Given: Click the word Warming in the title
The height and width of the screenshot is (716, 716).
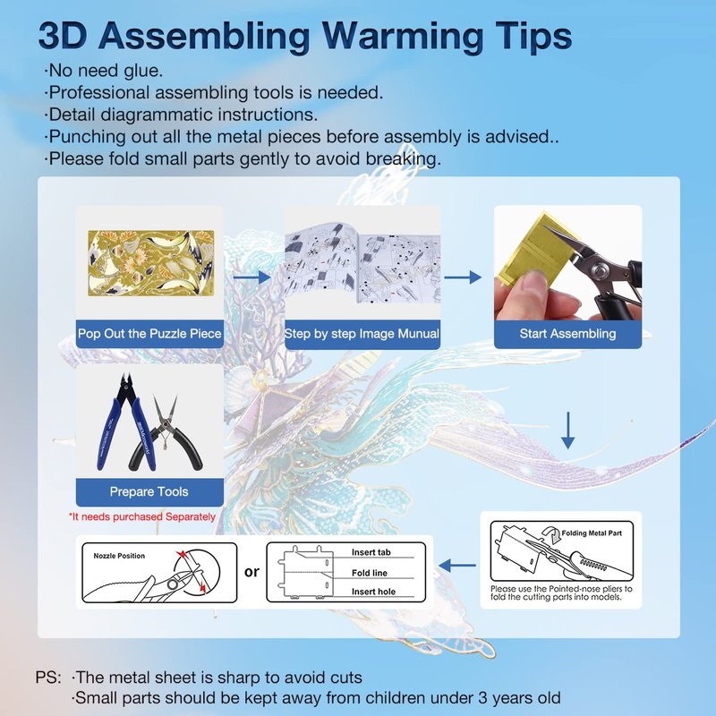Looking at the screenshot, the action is coord(402,37).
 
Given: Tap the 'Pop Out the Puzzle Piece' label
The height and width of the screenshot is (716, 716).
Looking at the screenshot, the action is coord(149,333).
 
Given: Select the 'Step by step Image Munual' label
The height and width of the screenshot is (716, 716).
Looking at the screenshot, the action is coord(362,333).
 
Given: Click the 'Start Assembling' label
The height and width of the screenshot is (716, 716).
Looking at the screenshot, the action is coord(567,333).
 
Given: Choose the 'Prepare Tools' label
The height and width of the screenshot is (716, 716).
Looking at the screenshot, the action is coord(149,491).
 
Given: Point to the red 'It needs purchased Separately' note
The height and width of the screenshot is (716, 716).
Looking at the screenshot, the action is coord(142,516).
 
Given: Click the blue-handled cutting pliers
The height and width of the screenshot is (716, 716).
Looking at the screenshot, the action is coord(125,422).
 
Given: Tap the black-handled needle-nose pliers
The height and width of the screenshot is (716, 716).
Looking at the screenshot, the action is coord(166,434).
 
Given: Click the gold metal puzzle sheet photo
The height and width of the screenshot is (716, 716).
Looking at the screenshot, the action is coord(150,263).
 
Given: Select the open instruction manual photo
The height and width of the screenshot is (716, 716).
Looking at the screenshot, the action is coord(362,262).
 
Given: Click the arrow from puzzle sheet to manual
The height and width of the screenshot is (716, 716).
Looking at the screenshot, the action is coord(252,277).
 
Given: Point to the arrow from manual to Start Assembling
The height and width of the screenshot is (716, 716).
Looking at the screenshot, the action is coord(463,277).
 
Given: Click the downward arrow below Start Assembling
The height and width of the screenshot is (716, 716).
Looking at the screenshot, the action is coord(567,430).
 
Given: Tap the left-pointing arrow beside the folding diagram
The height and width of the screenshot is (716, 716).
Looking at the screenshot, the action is coord(457,566).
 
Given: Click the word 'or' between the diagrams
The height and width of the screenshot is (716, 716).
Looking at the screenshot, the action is coord(251,572).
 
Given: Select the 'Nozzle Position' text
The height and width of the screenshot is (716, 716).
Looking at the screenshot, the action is coord(119,556).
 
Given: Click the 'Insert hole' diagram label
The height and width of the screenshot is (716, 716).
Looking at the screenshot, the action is coord(373,592).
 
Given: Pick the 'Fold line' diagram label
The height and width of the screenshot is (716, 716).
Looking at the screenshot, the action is coord(370,573).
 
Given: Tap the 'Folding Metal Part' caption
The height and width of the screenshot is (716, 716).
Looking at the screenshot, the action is coord(592,533).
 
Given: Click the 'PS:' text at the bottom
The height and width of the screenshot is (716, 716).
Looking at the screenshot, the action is coord(48,678).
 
